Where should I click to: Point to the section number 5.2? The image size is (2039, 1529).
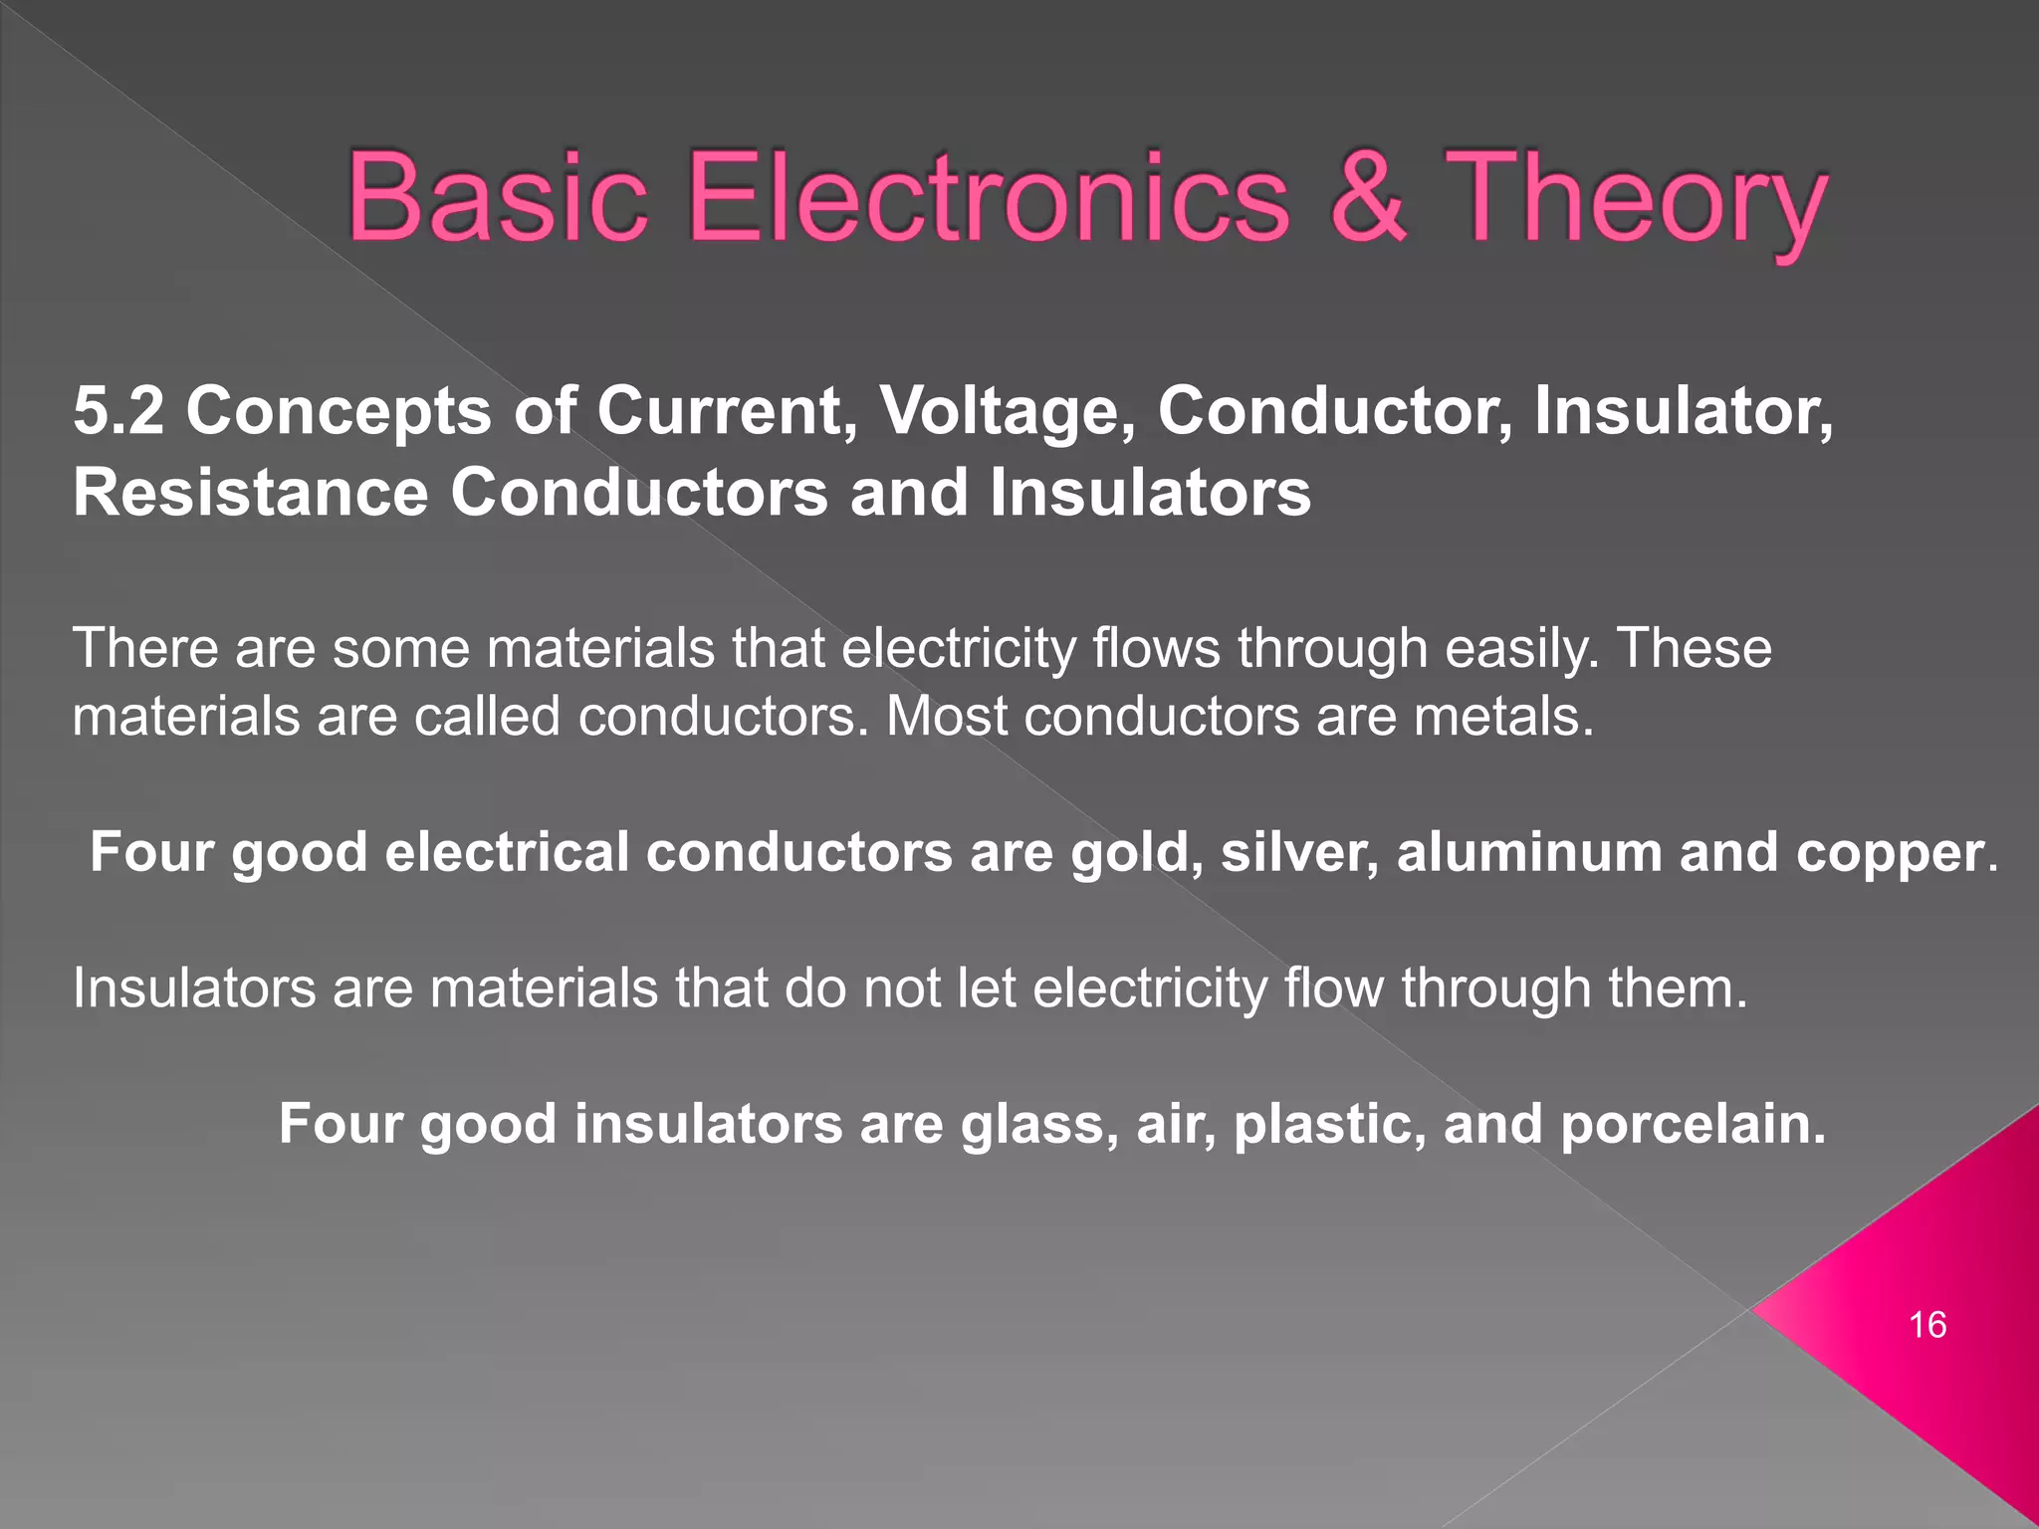[x=118, y=411]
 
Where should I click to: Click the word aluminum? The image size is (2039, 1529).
[x=1528, y=853]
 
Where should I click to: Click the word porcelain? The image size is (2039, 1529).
[x=1692, y=1126]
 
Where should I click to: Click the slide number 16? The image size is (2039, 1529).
[x=1927, y=1325]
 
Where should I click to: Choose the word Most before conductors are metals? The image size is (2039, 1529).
[x=946, y=717]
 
